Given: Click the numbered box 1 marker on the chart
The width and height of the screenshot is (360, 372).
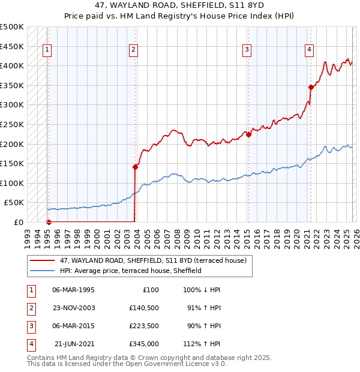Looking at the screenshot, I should click(47, 50).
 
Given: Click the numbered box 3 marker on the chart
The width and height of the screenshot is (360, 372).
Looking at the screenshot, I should click(247, 50).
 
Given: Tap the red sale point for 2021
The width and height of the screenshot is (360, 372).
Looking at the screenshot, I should click(311, 87).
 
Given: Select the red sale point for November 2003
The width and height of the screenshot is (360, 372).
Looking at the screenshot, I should click(135, 167).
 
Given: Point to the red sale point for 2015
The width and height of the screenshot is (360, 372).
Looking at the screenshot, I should click(248, 134).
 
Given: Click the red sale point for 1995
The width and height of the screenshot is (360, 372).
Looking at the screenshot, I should click(49, 222).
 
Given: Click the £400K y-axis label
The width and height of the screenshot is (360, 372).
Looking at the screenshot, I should click(12, 65).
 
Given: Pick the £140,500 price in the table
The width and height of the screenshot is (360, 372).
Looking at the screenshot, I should click(143, 308).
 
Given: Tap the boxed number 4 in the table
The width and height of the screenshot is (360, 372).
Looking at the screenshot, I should click(31, 344).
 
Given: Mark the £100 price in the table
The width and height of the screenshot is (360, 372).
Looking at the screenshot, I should click(150, 290).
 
